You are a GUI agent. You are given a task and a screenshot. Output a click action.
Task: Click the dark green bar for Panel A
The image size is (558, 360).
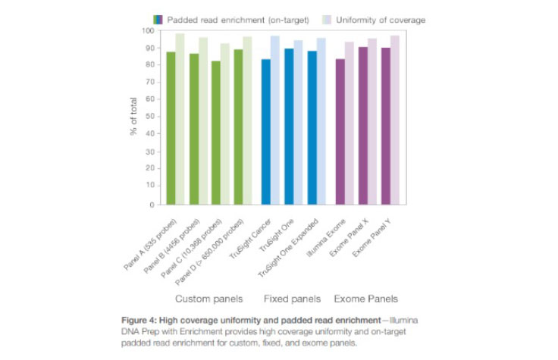(171, 129)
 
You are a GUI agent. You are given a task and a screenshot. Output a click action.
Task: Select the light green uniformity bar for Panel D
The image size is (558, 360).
(247, 121)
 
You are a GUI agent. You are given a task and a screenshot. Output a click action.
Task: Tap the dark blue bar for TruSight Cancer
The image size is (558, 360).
(265, 133)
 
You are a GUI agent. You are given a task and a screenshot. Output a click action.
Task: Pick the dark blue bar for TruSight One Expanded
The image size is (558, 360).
(312, 128)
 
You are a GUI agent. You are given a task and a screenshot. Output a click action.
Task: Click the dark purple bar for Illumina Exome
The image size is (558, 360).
(341, 133)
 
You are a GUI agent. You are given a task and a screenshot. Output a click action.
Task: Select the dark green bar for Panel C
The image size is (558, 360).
(216, 133)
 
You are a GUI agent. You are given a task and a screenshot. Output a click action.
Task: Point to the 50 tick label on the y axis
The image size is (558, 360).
(150, 117)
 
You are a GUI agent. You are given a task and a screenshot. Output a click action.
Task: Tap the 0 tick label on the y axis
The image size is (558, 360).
(152, 205)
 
